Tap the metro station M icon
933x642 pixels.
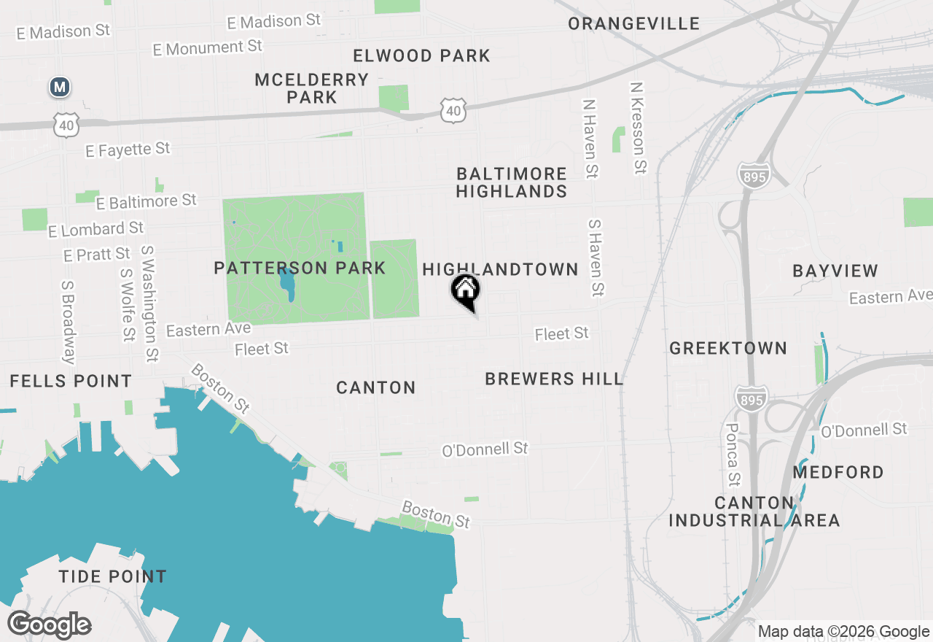tap(59, 88)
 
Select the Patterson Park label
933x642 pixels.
tap(300, 268)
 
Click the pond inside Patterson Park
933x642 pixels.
tap(287, 284)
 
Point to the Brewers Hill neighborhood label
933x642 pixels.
tap(554, 379)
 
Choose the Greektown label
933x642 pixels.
tap(728, 348)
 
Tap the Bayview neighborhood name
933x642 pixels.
tap(835, 271)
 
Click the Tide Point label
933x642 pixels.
tap(112, 576)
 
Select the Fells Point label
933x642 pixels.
tap(71, 381)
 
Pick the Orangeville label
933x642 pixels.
tap(634, 23)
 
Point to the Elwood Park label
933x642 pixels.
tap(421, 55)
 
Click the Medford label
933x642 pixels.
tap(838, 472)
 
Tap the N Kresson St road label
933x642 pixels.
tap(638, 127)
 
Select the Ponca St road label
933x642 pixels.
tap(733, 455)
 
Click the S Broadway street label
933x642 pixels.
tap(68, 322)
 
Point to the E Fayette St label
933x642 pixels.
tap(128, 150)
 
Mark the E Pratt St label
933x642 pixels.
tap(97, 255)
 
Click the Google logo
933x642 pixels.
tap(49, 624)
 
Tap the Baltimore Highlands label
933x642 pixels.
tap(512, 182)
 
